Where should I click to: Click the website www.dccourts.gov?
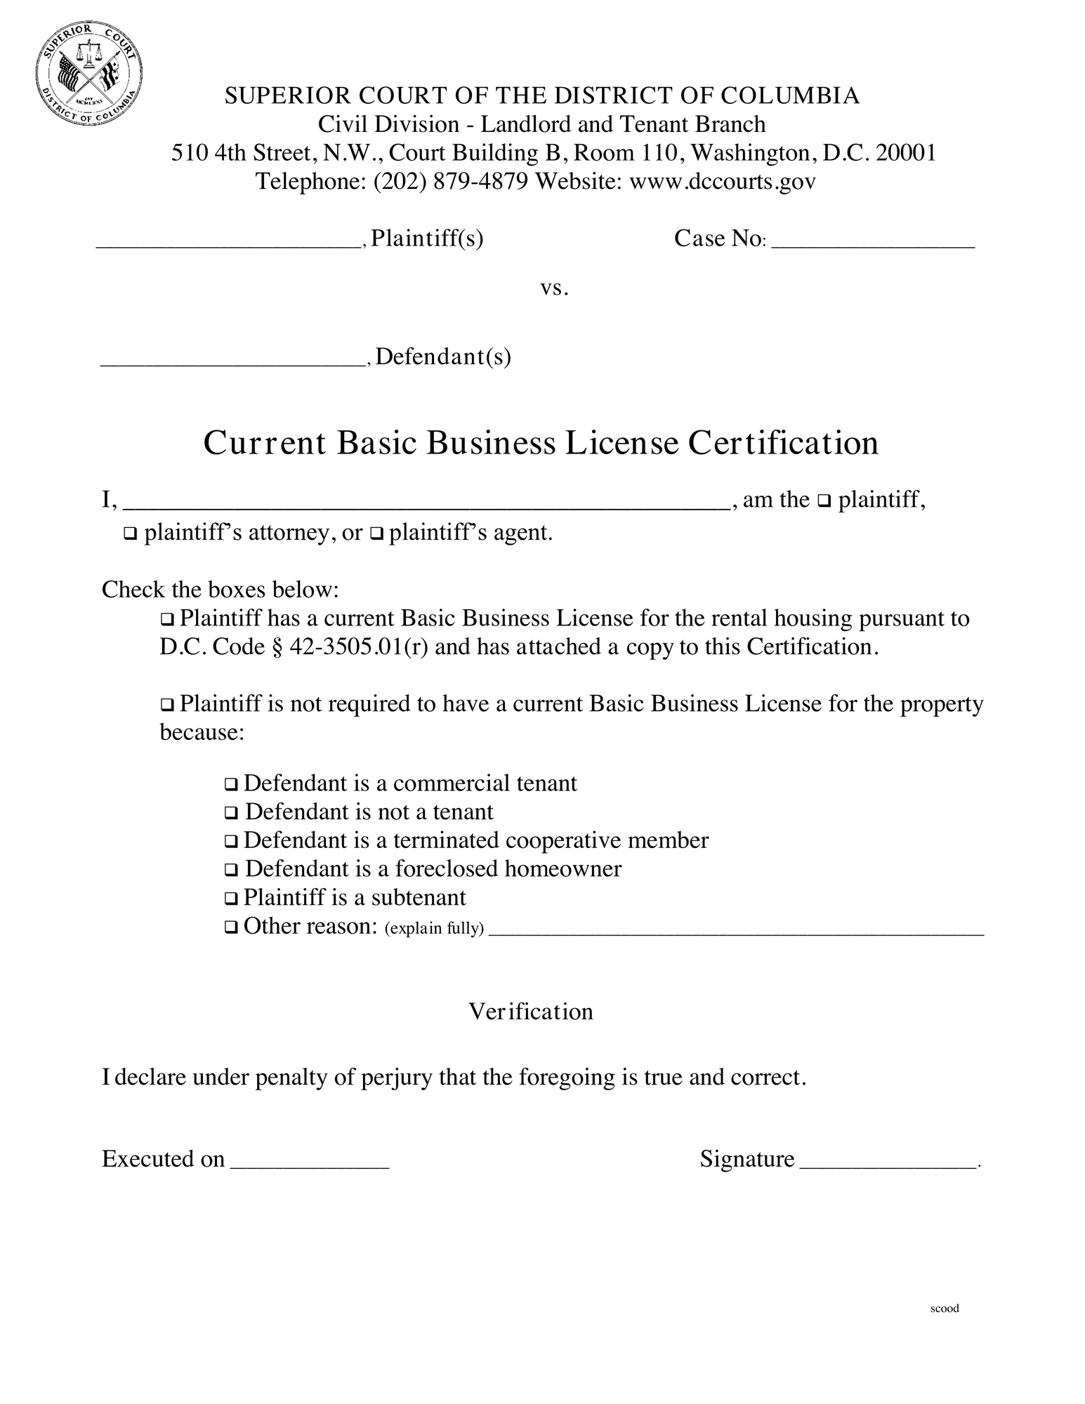click(x=723, y=182)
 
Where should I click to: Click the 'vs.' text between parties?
click(x=554, y=288)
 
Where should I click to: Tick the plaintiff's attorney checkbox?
click(x=130, y=535)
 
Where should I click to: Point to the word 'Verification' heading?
click(x=531, y=1012)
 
